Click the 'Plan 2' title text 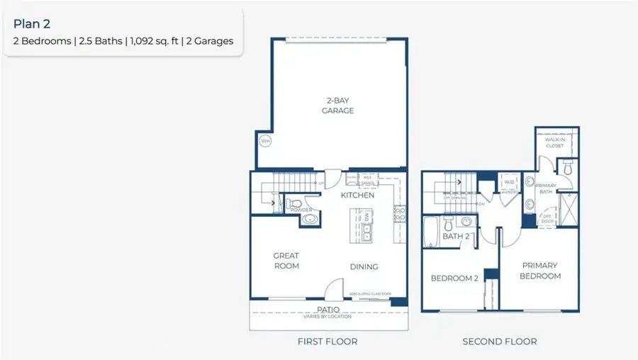32,24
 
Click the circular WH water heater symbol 265,141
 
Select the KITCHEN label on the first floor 357,195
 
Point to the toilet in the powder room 296,206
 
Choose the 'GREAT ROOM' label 286,261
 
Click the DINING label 364,266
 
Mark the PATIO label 328,310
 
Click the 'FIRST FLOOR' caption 327,342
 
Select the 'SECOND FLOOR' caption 499,342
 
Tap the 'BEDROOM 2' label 455,279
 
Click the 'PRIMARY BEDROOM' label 540,271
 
